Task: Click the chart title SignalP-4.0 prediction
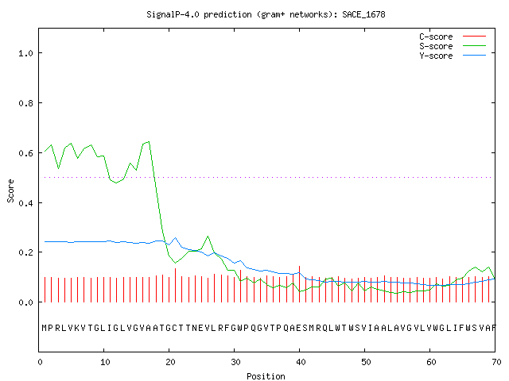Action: (x=199, y=14)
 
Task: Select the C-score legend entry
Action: (x=453, y=37)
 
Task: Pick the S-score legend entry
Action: (x=453, y=46)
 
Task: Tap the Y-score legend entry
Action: (x=453, y=56)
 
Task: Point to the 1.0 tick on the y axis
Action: (x=25, y=53)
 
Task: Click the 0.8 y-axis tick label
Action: (x=25, y=103)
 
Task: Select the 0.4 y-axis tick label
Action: (x=25, y=203)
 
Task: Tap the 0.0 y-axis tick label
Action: (x=25, y=302)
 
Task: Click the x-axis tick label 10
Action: (x=105, y=362)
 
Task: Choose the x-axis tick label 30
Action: (x=235, y=362)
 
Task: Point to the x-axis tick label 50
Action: (x=366, y=362)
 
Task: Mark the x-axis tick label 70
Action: (x=496, y=362)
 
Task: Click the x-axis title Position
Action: (x=266, y=376)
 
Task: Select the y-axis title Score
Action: (x=10, y=190)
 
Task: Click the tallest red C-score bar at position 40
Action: (x=299, y=284)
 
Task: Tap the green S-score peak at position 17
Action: (x=149, y=141)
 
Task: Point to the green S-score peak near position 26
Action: (x=208, y=237)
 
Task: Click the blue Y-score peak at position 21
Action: (x=175, y=238)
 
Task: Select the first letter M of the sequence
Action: (x=45, y=328)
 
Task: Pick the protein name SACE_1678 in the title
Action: (x=363, y=14)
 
